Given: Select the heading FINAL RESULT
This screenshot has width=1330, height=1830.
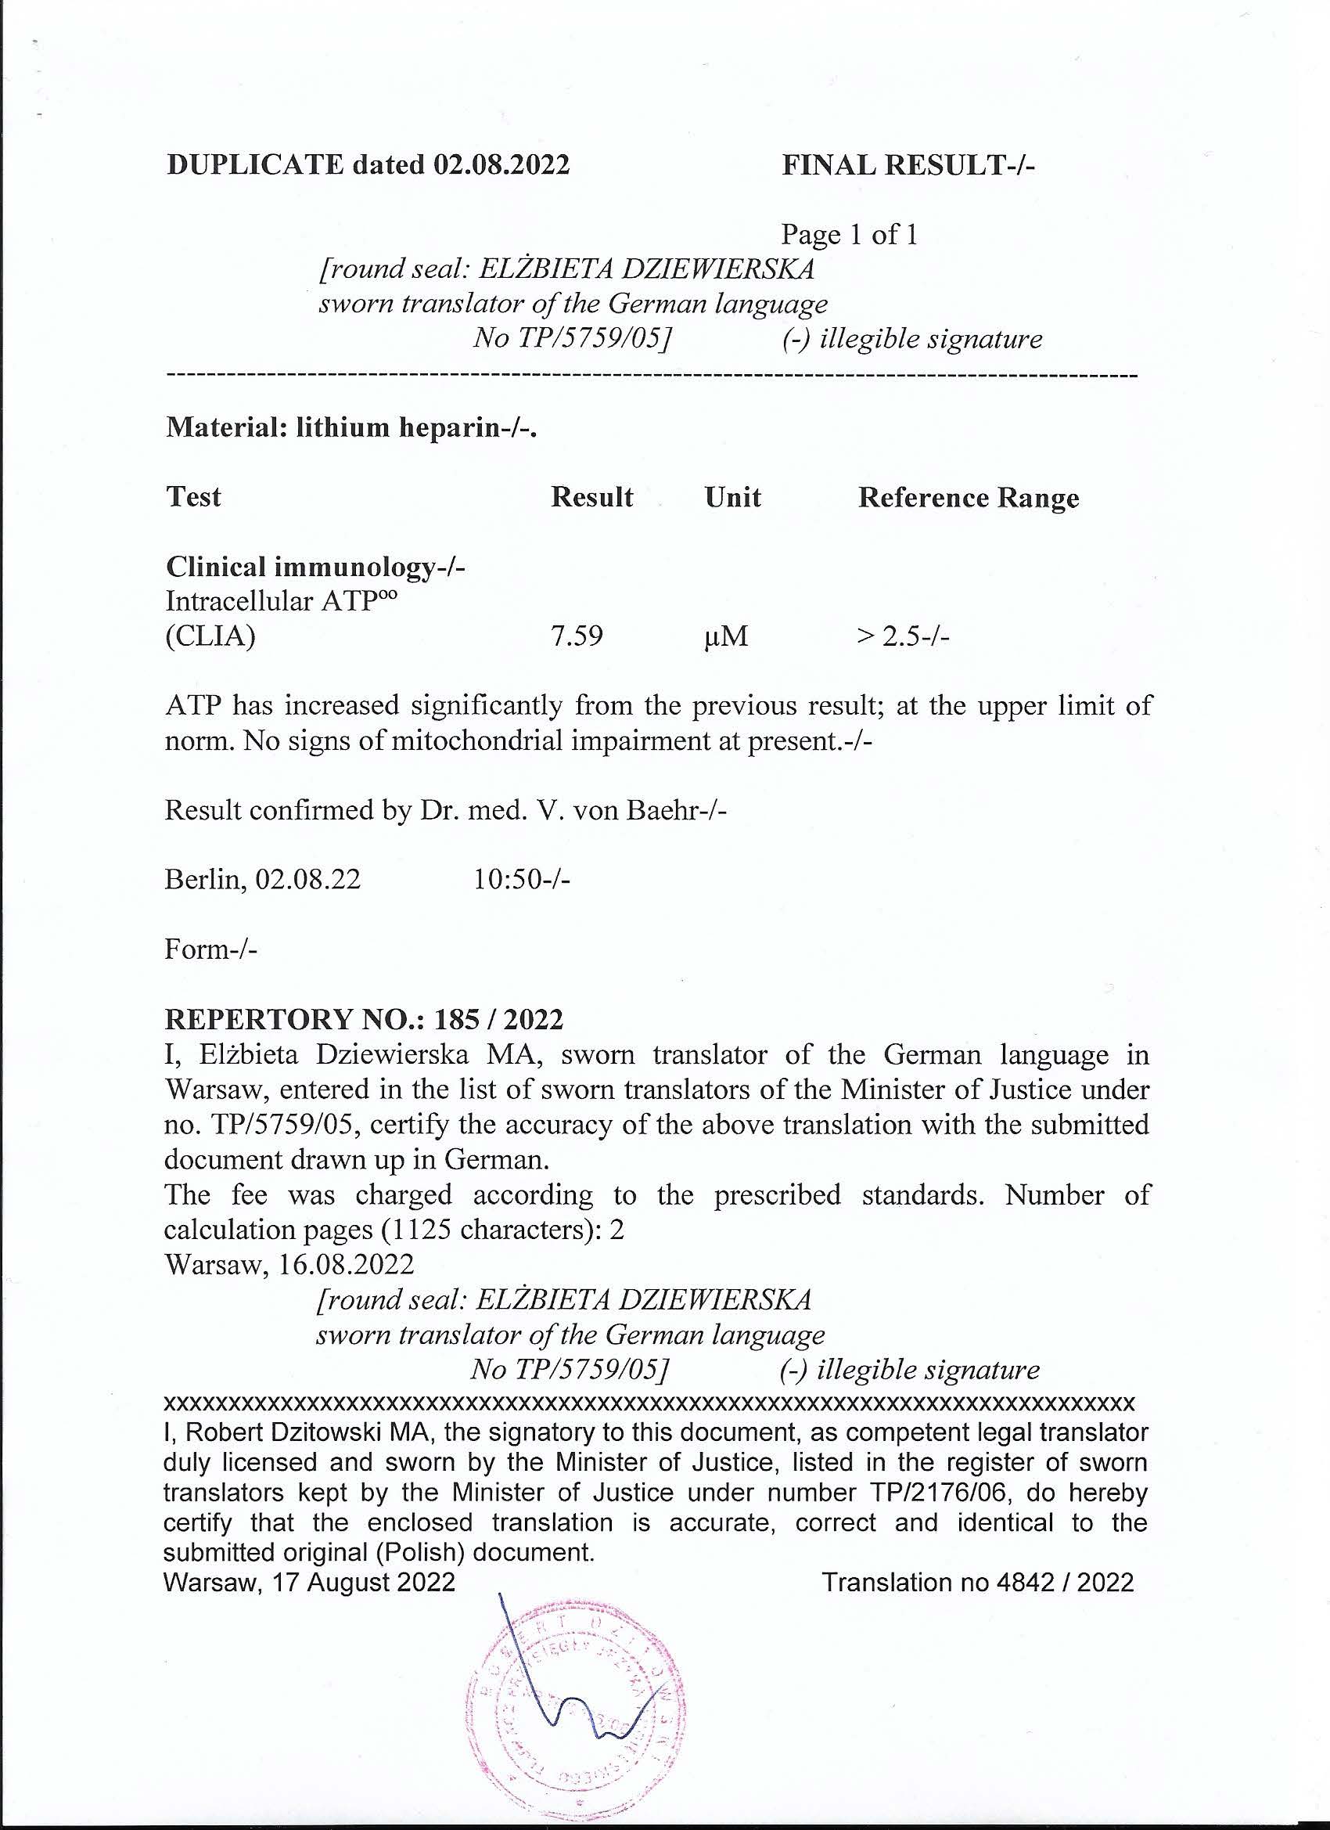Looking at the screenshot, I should click(x=908, y=165).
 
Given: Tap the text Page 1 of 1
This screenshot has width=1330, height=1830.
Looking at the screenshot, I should click(x=849, y=235).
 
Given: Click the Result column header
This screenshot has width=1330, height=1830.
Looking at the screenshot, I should click(x=592, y=497).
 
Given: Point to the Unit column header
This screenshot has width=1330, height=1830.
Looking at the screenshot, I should click(x=732, y=497).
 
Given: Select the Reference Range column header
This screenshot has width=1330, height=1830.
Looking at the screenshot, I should click(x=968, y=498).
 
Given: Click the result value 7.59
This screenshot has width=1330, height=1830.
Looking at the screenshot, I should click(x=577, y=636).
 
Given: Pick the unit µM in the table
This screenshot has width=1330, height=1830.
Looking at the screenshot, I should click(x=725, y=637).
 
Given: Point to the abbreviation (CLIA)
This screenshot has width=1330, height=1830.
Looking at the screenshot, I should click(x=210, y=636).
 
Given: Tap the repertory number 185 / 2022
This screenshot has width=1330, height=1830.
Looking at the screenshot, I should click(x=498, y=1019).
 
